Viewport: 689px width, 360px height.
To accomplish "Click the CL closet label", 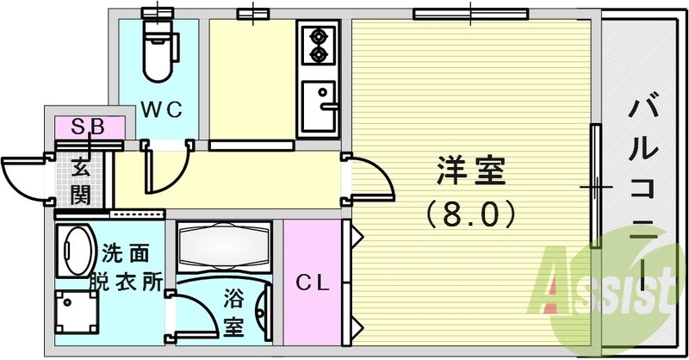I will pyautogui.click(x=313, y=283).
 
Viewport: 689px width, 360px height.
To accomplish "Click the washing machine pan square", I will pyautogui.click(x=79, y=310).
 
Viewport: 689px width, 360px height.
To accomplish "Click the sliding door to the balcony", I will pyautogui.click(x=594, y=186).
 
